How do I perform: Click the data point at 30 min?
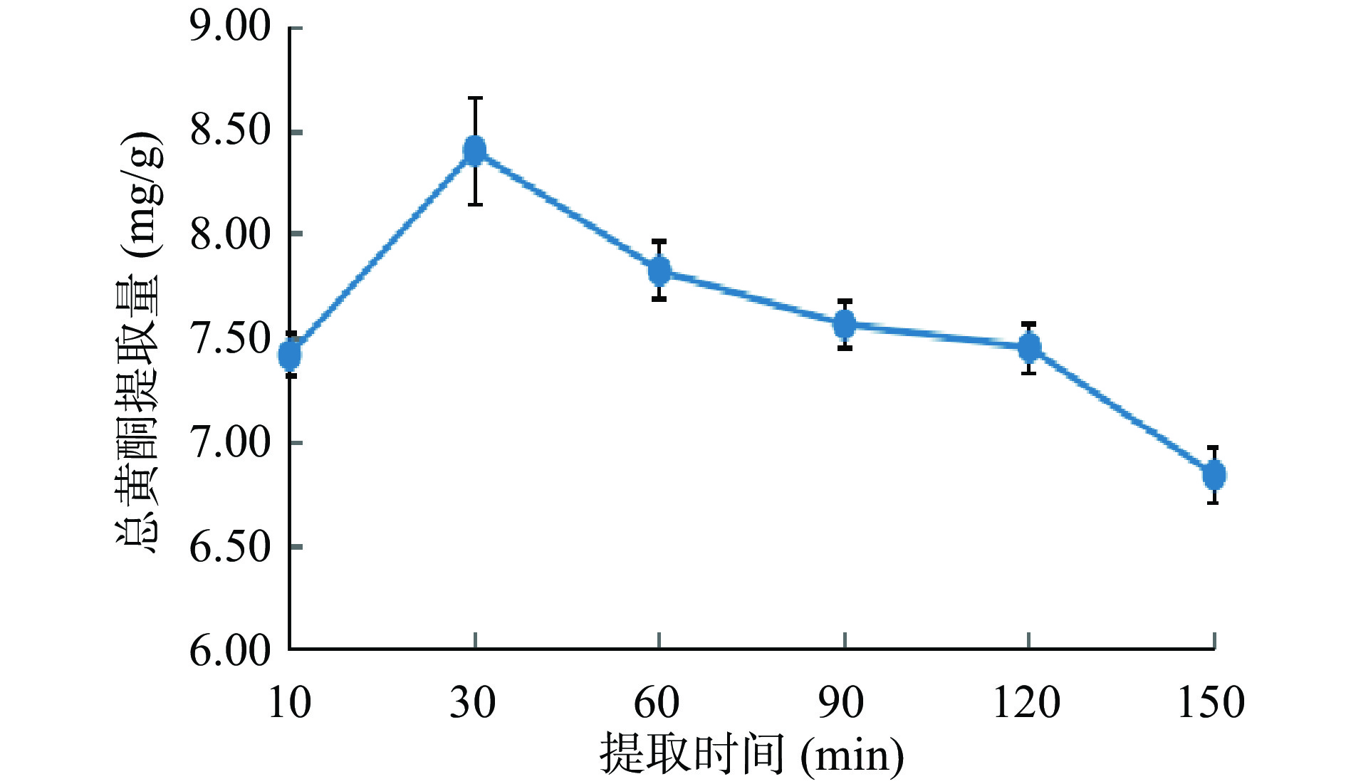[x=475, y=150]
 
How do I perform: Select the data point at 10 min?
[x=290, y=354]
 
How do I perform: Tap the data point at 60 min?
[x=659, y=271]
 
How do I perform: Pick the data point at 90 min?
[x=845, y=325]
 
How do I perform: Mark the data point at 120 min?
[x=1029, y=347]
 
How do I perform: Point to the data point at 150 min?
[x=1214, y=474]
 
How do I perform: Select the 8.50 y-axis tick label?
[x=230, y=132]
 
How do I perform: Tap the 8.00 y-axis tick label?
[x=230, y=235]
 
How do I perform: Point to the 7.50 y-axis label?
[x=230, y=339]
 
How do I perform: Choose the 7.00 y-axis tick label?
[x=230, y=443]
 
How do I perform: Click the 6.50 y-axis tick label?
[x=230, y=547]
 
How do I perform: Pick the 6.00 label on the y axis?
[x=230, y=650]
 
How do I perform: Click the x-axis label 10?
[x=289, y=702]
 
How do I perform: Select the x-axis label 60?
[x=657, y=702]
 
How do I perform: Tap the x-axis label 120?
[x=1026, y=702]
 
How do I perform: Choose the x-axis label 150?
[x=1211, y=702]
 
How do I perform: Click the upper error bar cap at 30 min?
[x=475, y=98]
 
